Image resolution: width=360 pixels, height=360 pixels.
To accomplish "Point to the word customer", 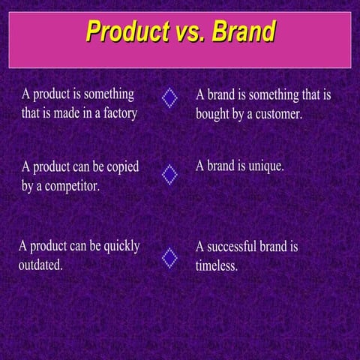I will (x=275, y=115).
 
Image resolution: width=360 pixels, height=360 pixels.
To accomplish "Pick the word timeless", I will (x=216, y=265).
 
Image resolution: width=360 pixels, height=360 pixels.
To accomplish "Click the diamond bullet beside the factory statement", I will (x=170, y=98).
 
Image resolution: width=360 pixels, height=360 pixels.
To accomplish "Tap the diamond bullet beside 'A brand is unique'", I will (x=170, y=175).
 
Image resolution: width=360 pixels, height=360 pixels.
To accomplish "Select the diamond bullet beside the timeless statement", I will (x=170, y=257).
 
